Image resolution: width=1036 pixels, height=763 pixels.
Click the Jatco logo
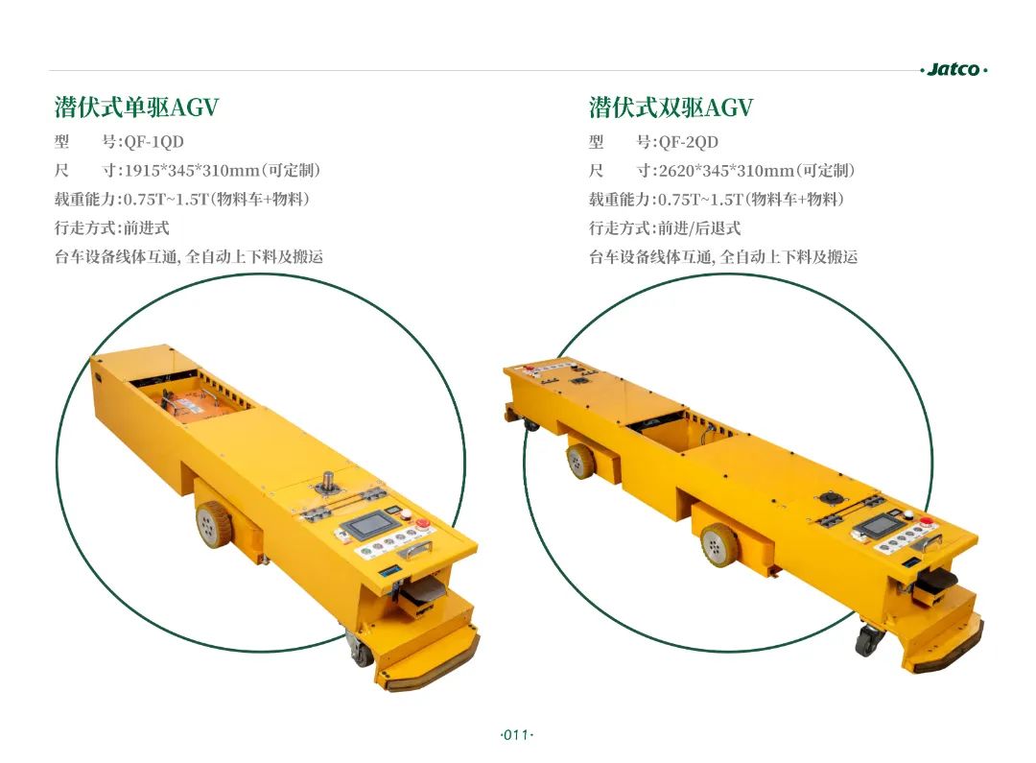click(x=954, y=69)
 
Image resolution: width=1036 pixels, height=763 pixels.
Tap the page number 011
click(x=516, y=734)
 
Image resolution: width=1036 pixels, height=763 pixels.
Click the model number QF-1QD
click(x=153, y=142)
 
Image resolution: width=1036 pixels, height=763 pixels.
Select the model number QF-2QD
click(x=689, y=142)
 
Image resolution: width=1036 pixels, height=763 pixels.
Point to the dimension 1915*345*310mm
click(x=192, y=171)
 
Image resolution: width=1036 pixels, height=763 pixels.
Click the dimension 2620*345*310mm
click(x=726, y=171)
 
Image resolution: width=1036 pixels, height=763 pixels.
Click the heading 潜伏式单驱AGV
click(x=137, y=107)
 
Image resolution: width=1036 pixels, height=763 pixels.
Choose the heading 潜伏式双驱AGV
click(x=671, y=107)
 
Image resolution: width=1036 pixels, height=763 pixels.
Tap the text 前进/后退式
click(x=699, y=228)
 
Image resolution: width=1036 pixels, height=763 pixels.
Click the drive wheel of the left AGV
click(x=211, y=524)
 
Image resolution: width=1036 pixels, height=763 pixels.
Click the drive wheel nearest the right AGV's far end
click(x=580, y=460)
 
